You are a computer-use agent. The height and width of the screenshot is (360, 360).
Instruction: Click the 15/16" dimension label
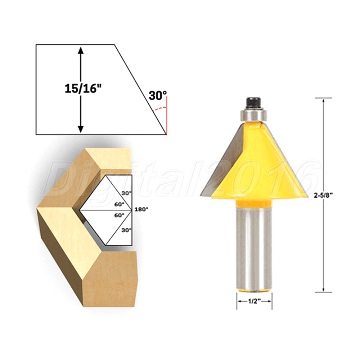[x=83, y=89]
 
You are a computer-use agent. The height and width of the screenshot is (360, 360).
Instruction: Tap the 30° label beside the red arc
[x=158, y=96]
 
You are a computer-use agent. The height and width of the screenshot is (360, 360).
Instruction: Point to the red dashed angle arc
[x=159, y=109]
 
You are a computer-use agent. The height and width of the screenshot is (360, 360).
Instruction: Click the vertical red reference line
[x=167, y=116]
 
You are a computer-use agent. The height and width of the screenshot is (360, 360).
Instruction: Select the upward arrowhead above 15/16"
[x=81, y=50]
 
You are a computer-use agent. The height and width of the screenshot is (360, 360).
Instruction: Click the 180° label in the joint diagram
[x=141, y=210]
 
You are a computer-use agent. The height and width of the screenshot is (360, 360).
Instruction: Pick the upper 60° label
[x=120, y=204]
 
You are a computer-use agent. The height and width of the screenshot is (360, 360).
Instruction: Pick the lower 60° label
[x=120, y=215]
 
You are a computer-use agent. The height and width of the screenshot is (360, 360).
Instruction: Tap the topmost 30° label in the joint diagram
[x=127, y=193]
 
